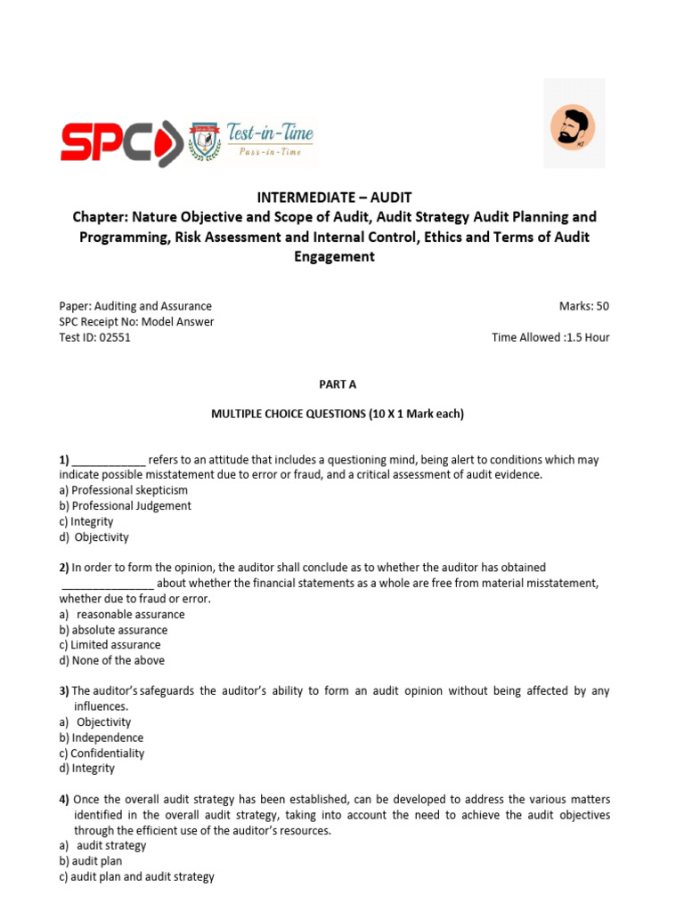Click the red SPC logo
click(120, 142)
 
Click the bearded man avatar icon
click(574, 124)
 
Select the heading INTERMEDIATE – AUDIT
click(333, 198)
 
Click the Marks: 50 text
click(583, 306)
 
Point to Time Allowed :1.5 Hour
click(550, 337)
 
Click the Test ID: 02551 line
click(94, 337)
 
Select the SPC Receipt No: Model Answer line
click(136, 322)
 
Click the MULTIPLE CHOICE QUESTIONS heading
click(337, 415)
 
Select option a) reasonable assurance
click(122, 614)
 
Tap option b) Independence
click(101, 738)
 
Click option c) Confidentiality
click(102, 753)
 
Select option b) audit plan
click(91, 861)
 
